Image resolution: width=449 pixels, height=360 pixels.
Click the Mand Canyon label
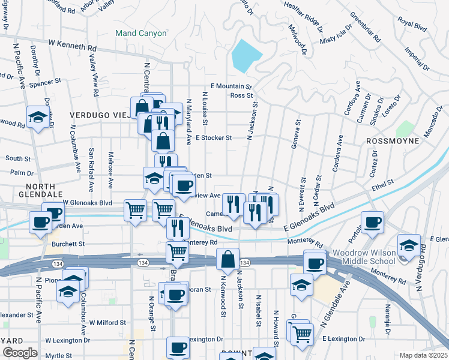tap(140, 33)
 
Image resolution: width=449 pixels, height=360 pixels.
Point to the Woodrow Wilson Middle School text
tap(364, 258)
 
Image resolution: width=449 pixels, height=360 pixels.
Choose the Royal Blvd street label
tap(412, 26)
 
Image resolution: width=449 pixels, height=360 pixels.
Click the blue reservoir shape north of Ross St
tap(245, 55)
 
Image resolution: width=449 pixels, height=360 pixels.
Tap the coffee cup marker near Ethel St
tap(372, 221)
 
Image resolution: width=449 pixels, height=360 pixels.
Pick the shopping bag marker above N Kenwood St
tap(228, 259)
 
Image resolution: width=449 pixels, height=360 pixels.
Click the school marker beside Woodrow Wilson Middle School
tap(409, 245)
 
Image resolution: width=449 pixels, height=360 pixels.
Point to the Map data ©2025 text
tap(423, 355)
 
